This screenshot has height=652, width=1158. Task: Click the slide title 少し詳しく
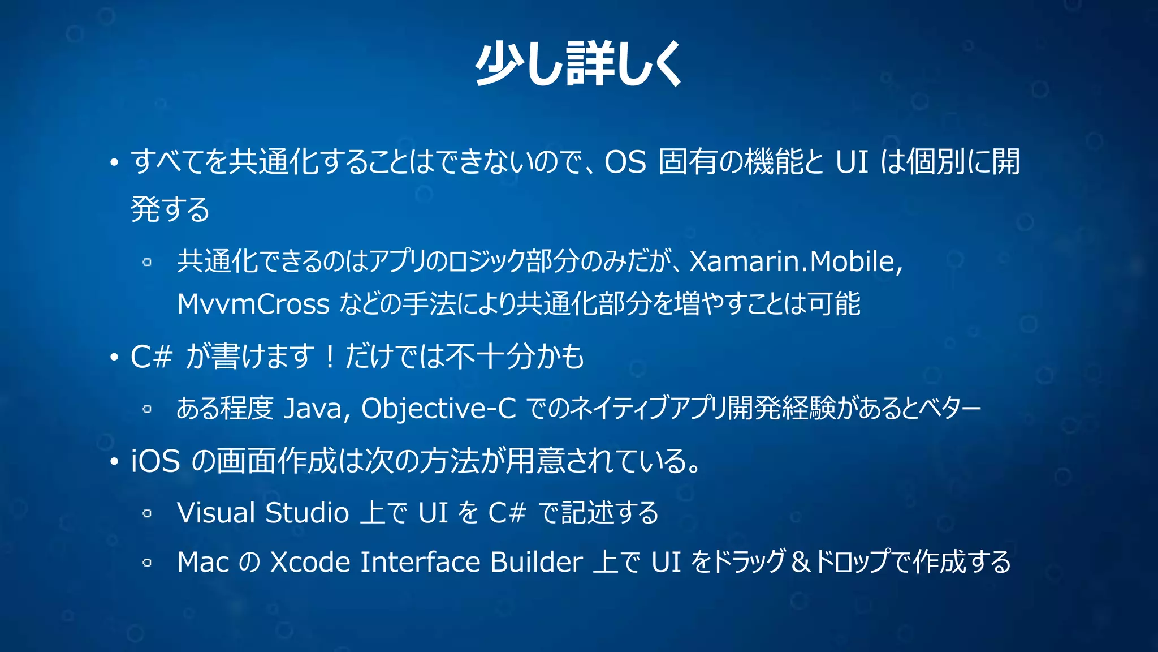tap(578, 64)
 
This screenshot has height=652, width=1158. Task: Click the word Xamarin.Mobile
tap(792, 261)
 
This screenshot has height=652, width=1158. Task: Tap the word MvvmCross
tap(253, 304)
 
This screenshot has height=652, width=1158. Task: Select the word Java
tap(313, 408)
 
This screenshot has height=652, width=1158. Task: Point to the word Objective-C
tap(438, 408)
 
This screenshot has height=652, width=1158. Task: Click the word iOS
tap(155, 461)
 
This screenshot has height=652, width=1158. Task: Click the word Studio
tap(306, 513)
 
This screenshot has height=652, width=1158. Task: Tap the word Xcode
tap(310, 562)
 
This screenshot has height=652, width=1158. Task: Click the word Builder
tap(536, 562)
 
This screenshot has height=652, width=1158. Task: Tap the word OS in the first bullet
tap(625, 162)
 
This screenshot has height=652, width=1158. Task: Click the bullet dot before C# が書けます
tap(114, 358)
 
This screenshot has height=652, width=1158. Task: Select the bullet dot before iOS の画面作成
tap(114, 462)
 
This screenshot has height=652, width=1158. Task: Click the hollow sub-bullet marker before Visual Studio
tap(147, 514)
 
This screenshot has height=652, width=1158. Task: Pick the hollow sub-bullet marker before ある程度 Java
tap(147, 409)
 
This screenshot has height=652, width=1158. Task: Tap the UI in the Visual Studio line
tap(433, 513)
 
